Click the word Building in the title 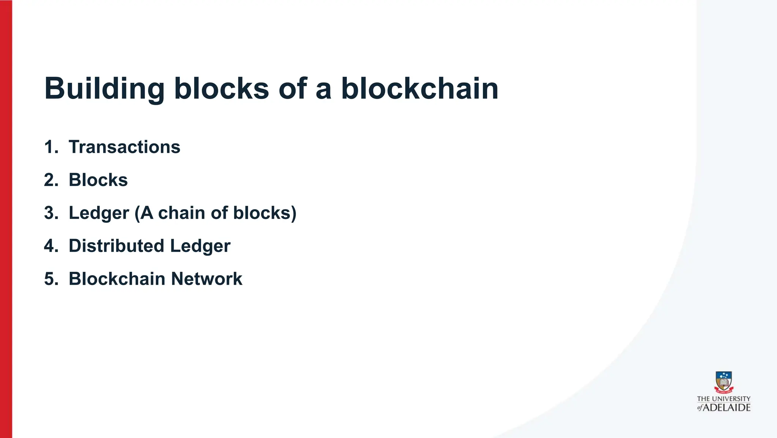tap(104, 89)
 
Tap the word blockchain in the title tap(420, 89)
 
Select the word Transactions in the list tap(124, 147)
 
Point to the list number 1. tap(51, 147)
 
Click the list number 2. tap(51, 180)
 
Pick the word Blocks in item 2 tap(98, 180)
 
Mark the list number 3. tap(51, 213)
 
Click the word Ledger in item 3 tap(99, 213)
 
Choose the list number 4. tap(51, 246)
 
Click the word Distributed tap(116, 246)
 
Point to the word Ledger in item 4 tap(200, 246)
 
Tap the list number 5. tap(51, 279)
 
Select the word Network tap(206, 279)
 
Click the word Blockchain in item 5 tap(117, 279)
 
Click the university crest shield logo tap(724, 382)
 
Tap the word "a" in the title tap(323, 89)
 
